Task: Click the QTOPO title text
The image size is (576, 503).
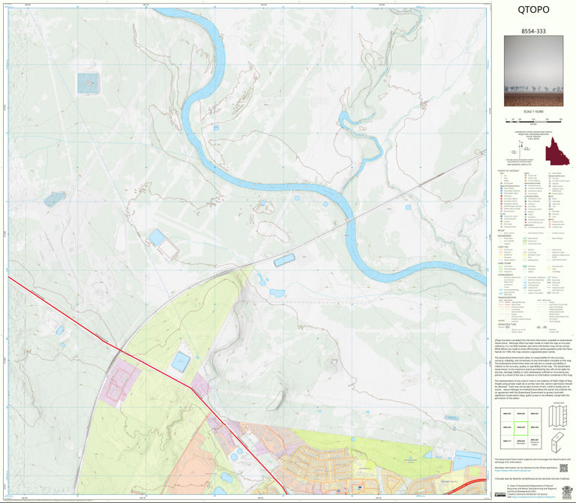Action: [533, 10]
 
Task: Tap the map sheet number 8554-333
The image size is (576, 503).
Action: [533, 32]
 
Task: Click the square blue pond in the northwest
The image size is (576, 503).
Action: [88, 82]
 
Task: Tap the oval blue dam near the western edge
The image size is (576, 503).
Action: [55, 199]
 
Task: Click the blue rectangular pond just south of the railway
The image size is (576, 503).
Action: [284, 260]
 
